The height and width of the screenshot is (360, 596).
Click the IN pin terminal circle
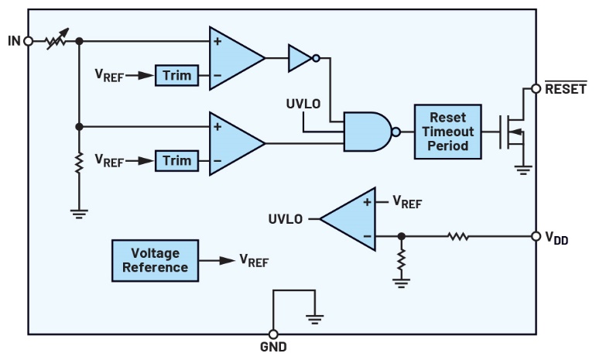[28, 41]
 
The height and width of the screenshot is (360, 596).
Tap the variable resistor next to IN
[57, 40]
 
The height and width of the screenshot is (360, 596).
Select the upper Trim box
[176, 75]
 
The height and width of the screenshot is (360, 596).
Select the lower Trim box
[176, 160]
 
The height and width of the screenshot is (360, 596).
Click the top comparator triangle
[232, 57]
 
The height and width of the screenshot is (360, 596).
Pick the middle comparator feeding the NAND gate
[232, 142]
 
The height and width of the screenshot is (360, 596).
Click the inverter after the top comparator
[302, 57]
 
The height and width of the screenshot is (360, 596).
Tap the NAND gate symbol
[367, 132]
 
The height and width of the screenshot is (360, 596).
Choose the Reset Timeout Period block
[447, 132]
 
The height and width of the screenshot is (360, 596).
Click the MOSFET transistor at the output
[512, 132]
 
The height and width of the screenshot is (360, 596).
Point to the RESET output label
[565, 88]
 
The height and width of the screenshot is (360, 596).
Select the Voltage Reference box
[155, 260]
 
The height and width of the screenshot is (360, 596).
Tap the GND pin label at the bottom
[272, 347]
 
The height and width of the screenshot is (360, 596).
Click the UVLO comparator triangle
[352, 219]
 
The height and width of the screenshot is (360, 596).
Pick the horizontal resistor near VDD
[458, 235]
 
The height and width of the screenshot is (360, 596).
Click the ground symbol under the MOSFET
[523, 169]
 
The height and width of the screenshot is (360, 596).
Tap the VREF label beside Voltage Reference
[253, 261]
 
